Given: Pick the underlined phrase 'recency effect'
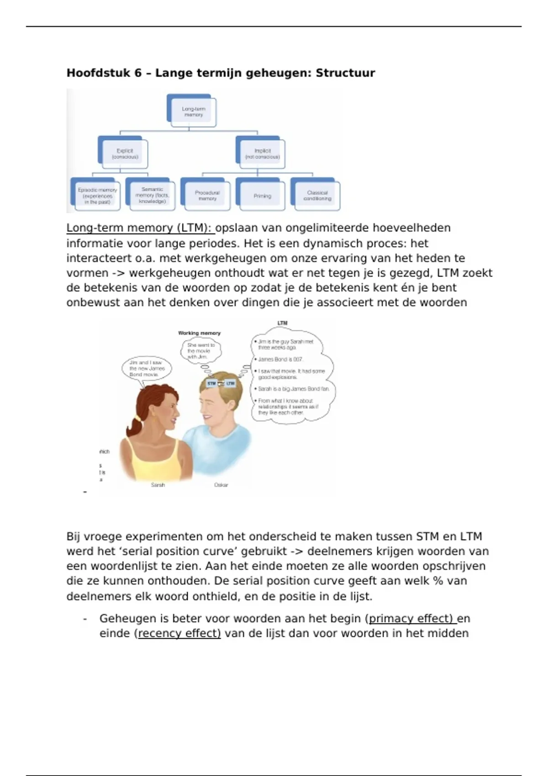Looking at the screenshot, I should [x=179, y=634].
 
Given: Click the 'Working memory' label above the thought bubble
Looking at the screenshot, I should [x=199, y=333].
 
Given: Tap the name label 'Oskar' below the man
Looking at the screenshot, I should [x=221, y=485].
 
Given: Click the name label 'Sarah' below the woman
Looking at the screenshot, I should [x=158, y=485].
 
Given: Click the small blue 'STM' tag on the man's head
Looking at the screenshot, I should [x=211, y=383].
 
